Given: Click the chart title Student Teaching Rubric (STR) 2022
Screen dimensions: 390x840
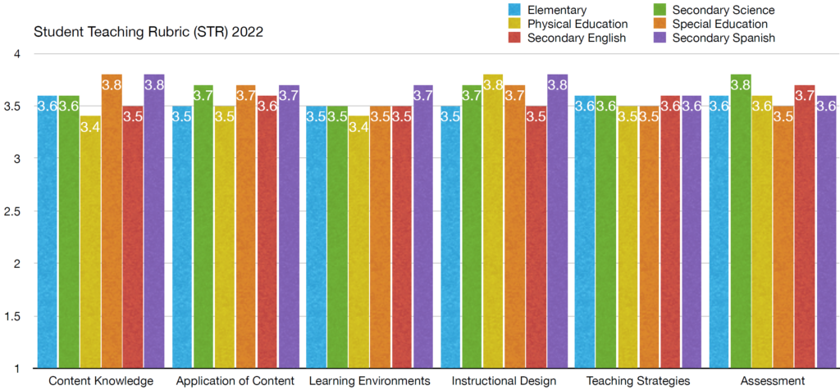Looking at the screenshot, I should click(x=148, y=34).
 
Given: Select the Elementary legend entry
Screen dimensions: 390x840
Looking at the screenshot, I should click(x=559, y=10).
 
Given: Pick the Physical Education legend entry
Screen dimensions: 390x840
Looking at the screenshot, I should click(x=578, y=24).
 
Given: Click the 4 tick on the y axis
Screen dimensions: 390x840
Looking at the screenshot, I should click(x=17, y=54).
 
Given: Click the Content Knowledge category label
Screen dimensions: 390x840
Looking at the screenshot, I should click(x=101, y=381).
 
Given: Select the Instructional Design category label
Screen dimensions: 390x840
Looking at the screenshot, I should click(x=504, y=381).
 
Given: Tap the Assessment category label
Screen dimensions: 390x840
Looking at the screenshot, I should click(x=772, y=381).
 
